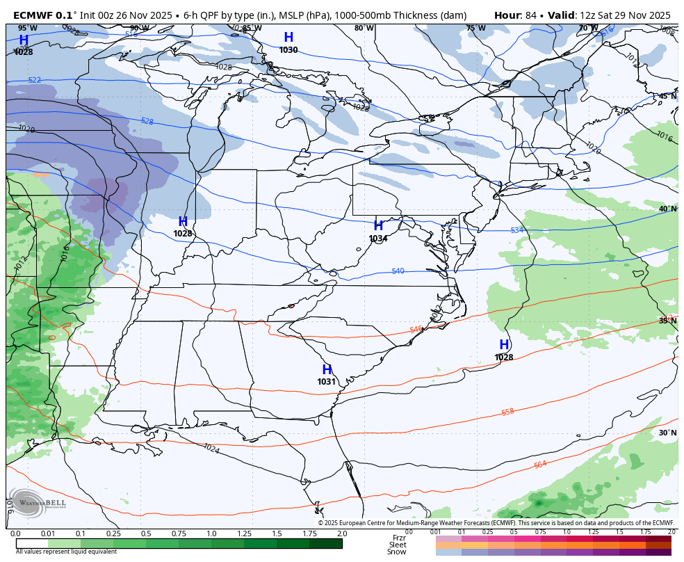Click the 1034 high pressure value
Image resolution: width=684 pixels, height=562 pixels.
[x=378, y=239]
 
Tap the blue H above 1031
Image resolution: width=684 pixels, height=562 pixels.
[x=327, y=370]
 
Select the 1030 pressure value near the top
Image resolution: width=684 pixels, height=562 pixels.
[x=288, y=50]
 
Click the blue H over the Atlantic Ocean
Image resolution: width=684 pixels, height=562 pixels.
[x=504, y=345]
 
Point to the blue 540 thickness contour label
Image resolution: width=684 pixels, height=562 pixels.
[x=398, y=271]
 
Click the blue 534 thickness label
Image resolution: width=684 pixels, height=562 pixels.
[x=516, y=230]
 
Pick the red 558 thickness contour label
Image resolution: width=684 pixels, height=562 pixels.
[x=508, y=412]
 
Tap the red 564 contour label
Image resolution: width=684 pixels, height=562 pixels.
[x=540, y=465]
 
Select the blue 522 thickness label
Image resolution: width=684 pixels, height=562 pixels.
[x=35, y=81]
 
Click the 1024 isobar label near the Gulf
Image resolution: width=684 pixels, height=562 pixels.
[x=211, y=449]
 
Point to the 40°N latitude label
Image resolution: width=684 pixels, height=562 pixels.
[x=667, y=209]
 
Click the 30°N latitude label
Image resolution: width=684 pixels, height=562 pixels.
[x=667, y=433]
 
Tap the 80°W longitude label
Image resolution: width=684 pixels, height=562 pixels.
[x=364, y=29]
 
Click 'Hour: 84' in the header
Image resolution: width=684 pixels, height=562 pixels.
[x=517, y=15]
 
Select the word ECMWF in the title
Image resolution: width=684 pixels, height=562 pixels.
[x=33, y=15]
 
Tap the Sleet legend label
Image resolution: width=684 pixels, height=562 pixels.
[x=398, y=545]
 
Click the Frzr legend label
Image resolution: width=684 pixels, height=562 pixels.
[x=399, y=538]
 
